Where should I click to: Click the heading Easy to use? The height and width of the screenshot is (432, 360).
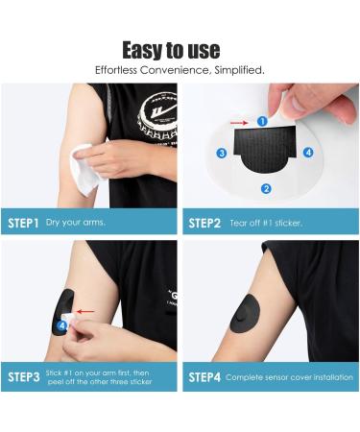tap(171, 50)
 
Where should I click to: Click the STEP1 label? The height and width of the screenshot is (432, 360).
tap(23, 223)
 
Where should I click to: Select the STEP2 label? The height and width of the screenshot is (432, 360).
tap(204, 223)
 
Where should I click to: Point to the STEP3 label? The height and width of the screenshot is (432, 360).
tap(24, 377)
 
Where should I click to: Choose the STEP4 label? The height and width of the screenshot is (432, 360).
tap(204, 377)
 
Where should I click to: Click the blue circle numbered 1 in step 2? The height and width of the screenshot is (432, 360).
tap(262, 121)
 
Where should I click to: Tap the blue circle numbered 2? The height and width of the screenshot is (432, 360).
tap(266, 189)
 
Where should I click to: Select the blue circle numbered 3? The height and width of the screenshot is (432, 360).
tap(222, 153)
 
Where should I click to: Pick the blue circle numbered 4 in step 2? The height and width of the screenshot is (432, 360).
tap(308, 152)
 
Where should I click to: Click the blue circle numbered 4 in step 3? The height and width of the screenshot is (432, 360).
tap(62, 326)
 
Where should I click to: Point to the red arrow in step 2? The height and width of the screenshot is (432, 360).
tap(239, 123)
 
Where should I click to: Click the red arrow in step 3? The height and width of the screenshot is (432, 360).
tap(85, 311)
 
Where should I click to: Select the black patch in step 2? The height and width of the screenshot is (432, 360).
tap(265, 148)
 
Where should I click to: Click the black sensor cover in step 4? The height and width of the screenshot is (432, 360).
tap(245, 314)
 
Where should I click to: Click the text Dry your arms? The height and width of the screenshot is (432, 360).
tap(76, 223)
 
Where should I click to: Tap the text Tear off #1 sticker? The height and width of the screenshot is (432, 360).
tap(266, 223)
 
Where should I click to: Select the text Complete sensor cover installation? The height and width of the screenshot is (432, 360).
tap(289, 377)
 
